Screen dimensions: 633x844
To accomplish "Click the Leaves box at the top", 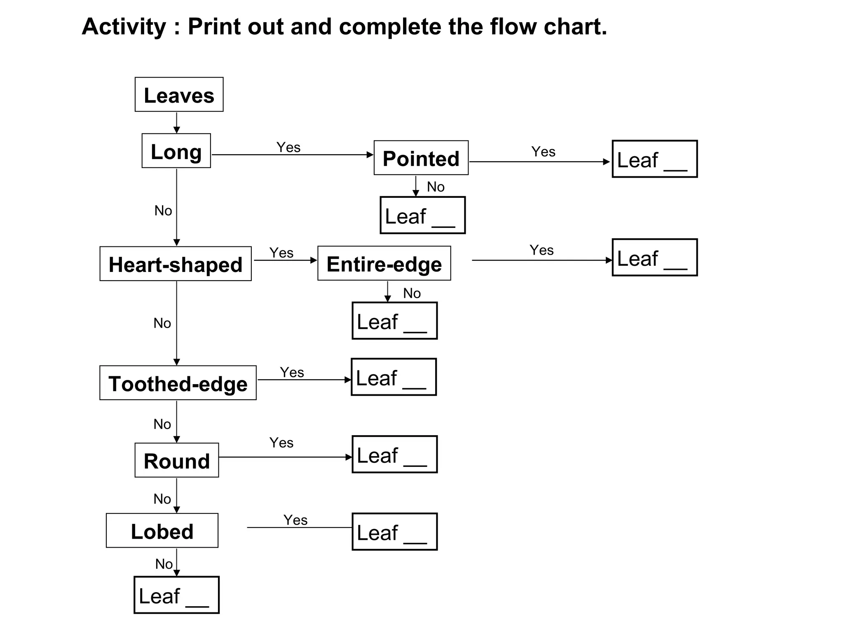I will pos(179,94).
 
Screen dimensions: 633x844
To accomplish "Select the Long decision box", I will pos(176,151).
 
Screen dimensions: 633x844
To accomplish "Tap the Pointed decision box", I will pos(421,158).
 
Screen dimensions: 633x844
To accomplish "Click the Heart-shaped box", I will pos(176,264).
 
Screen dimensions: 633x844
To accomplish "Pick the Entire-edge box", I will pos(384,263).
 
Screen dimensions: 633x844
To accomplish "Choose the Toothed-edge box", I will pos(178,383).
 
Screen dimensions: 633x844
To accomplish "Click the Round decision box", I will pos(176,460).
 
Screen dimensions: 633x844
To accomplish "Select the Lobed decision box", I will pos(162,530).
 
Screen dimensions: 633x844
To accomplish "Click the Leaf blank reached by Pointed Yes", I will pos(654,159).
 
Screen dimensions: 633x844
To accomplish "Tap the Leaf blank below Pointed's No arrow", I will pos(422,215).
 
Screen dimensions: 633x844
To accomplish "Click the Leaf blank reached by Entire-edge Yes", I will pos(654,258).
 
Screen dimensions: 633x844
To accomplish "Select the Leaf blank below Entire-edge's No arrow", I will pos(394,321).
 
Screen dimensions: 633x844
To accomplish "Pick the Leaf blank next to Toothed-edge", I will pos(394,377).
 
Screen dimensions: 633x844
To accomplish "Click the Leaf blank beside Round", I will pos(394,454).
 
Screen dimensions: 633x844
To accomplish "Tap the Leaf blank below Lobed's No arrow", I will pos(176,595).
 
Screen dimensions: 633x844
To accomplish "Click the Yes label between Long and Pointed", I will pos(288,147).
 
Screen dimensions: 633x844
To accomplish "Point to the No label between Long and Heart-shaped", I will pos(163,211).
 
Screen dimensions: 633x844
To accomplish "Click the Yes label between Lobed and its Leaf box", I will pos(295,520).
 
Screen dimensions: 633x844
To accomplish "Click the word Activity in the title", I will pos(124,27).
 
